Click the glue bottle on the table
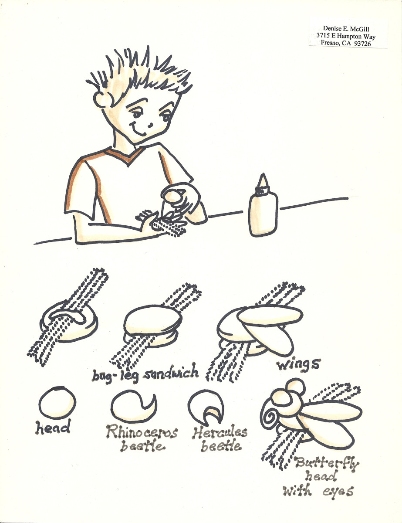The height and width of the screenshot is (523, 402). [263, 211]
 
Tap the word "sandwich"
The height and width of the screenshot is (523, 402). [173, 373]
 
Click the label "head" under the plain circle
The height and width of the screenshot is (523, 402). [53, 428]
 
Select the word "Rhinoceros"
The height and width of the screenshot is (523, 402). [142, 433]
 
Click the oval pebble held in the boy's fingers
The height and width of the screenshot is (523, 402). [173, 197]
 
